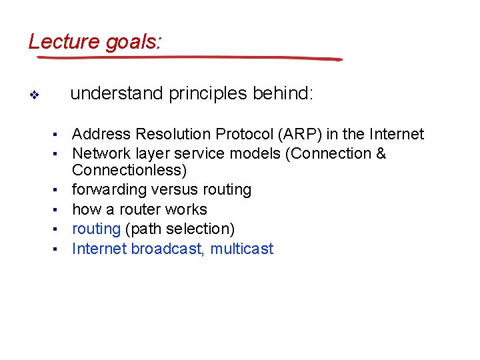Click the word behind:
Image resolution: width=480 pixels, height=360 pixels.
pyautogui.click(x=282, y=94)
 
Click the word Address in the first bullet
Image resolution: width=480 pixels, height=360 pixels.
pyautogui.click(x=99, y=135)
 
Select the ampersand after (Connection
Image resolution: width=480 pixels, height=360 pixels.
pyautogui.click(x=381, y=154)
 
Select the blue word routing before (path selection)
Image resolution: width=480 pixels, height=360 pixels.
pyautogui.click(x=96, y=229)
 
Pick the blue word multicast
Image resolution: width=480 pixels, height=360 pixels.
pyautogui.click(x=242, y=249)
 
